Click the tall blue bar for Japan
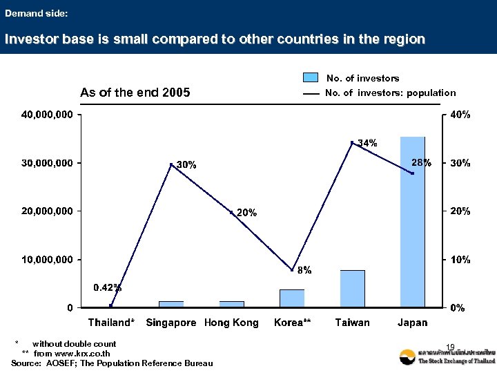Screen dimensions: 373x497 [x=412, y=221]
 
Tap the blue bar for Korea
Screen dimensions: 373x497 [x=292, y=298]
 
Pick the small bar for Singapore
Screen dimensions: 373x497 [x=171, y=303]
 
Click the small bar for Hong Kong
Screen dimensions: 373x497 [x=232, y=303]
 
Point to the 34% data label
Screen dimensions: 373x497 [x=367, y=143]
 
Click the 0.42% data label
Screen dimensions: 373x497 [x=108, y=287]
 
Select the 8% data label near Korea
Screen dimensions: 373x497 [x=304, y=270]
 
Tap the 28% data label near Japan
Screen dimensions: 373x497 [x=421, y=163]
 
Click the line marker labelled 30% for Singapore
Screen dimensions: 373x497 [x=171, y=164]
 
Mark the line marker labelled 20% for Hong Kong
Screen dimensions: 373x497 [x=232, y=212]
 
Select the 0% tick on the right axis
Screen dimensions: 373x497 [x=457, y=308]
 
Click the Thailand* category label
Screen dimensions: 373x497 [x=111, y=323]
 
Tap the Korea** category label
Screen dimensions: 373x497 [x=293, y=323]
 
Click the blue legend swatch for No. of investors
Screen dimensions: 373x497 [x=311, y=78]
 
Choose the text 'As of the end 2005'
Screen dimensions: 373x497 [x=135, y=93]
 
